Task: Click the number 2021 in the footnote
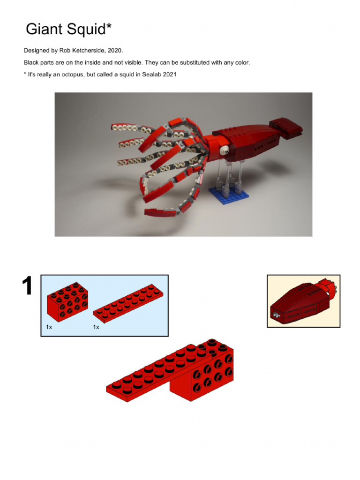click(x=169, y=75)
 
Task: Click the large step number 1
click(x=27, y=286)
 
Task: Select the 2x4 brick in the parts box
click(x=67, y=302)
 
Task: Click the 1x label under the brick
click(x=49, y=327)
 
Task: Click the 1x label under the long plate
click(x=96, y=327)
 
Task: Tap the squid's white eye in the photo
click(x=225, y=150)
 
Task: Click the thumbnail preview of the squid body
click(x=303, y=301)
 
